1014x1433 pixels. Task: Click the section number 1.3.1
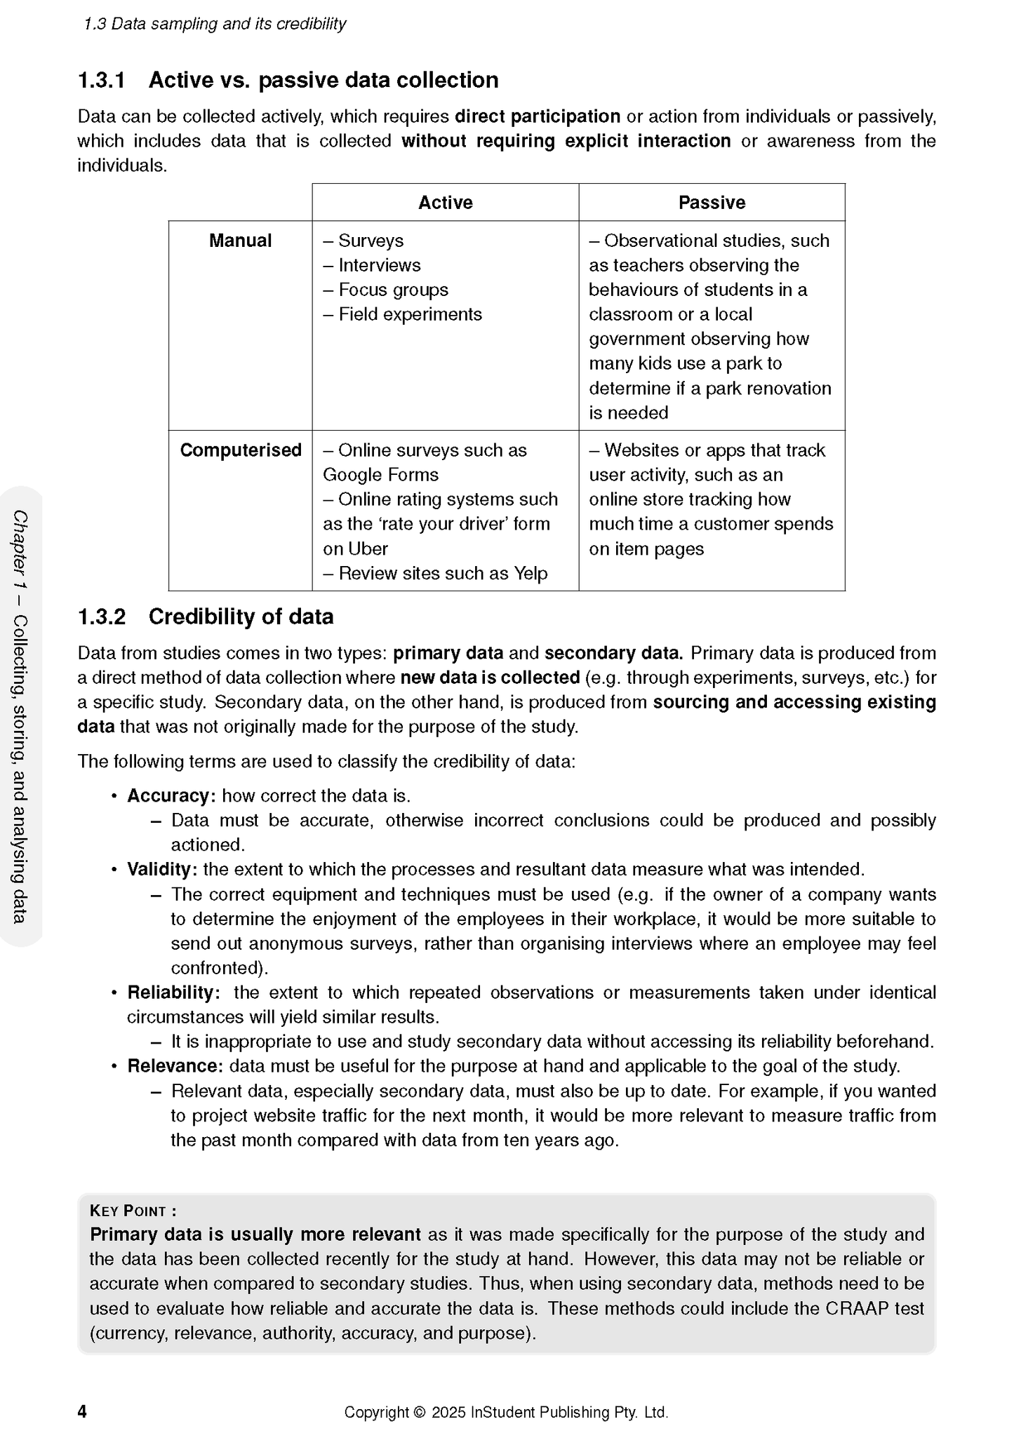point(101,81)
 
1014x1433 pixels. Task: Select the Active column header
point(445,203)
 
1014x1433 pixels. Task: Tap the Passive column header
point(711,203)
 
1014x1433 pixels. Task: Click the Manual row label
point(240,241)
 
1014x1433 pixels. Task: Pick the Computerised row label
point(240,450)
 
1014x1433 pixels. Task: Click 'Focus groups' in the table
point(393,290)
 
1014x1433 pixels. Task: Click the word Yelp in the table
point(531,574)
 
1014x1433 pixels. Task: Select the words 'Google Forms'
point(380,475)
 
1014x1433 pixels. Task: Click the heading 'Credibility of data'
point(241,617)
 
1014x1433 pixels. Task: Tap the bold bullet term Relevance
point(175,1066)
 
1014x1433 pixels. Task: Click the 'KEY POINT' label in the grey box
point(133,1211)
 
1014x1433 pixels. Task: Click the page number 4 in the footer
point(82,1411)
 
